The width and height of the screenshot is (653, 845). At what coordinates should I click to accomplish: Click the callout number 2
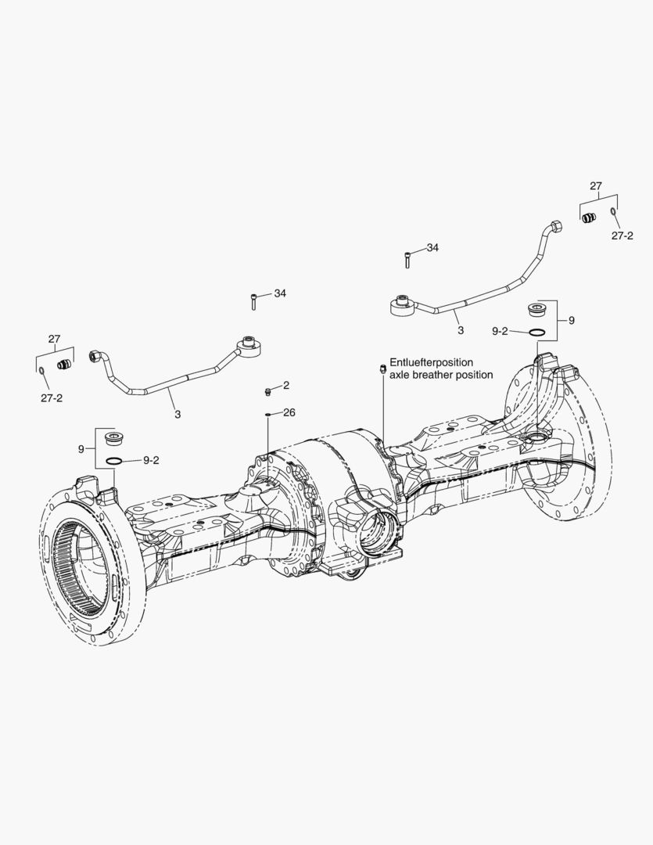[286, 385]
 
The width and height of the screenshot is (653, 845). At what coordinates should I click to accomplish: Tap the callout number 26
[289, 412]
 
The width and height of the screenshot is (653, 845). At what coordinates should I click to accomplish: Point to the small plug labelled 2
[267, 390]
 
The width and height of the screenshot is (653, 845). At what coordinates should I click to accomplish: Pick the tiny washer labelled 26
[267, 415]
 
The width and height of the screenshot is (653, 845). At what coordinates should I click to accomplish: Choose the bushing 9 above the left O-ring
[115, 437]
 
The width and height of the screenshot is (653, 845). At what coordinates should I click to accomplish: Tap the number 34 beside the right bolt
[432, 247]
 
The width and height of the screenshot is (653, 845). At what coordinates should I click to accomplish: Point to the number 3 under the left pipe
[178, 414]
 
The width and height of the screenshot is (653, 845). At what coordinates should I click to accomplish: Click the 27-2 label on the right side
[623, 235]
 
